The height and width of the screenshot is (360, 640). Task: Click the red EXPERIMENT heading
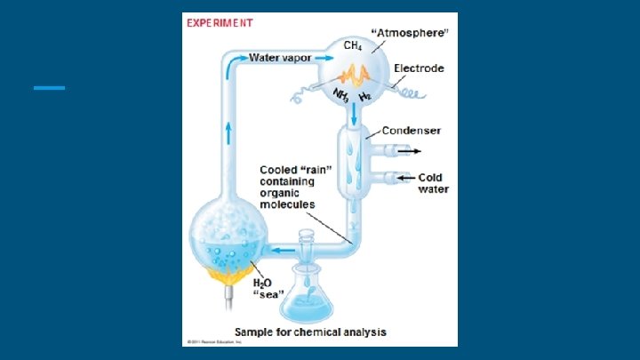click(219, 23)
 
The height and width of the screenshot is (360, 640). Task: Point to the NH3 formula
click(340, 93)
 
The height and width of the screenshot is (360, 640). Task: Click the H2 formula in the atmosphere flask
click(364, 95)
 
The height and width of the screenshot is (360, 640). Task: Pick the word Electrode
click(419, 68)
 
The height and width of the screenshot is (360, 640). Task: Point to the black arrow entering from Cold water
click(406, 178)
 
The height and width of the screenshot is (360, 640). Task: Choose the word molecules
click(287, 204)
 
